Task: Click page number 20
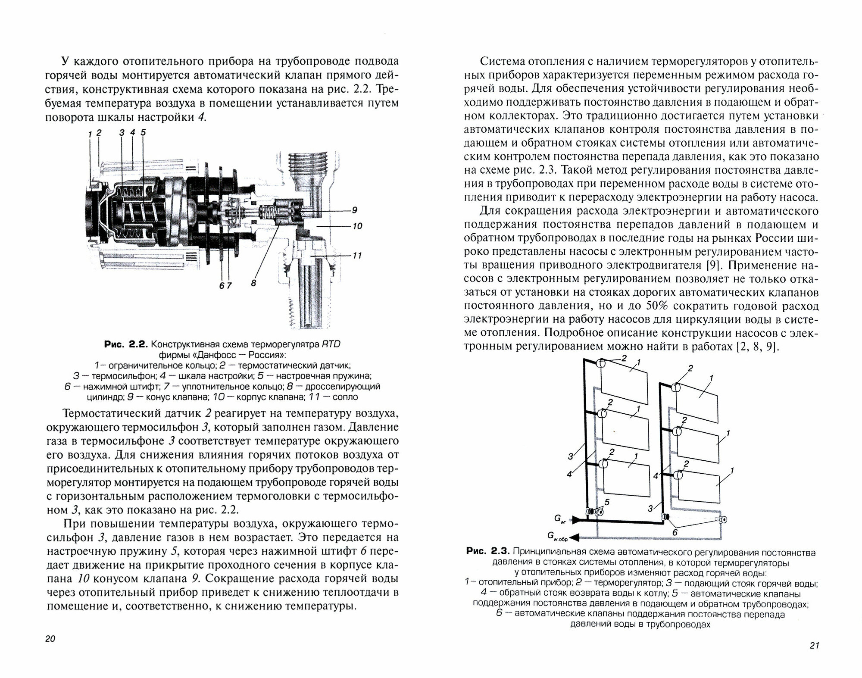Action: (x=50, y=639)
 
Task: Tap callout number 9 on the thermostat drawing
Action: (x=354, y=210)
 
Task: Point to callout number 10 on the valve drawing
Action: (x=357, y=226)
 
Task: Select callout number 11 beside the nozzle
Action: (x=357, y=256)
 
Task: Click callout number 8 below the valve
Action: (x=253, y=283)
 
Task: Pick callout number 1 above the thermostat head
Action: (x=90, y=134)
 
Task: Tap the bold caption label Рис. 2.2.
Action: (x=126, y=344)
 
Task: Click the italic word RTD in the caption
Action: (x=331, y=344)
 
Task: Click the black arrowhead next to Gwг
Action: (x=575, y=522)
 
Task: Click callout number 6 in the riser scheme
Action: (x=675, y=533)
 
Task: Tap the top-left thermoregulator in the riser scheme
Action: (x=600, y=364)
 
